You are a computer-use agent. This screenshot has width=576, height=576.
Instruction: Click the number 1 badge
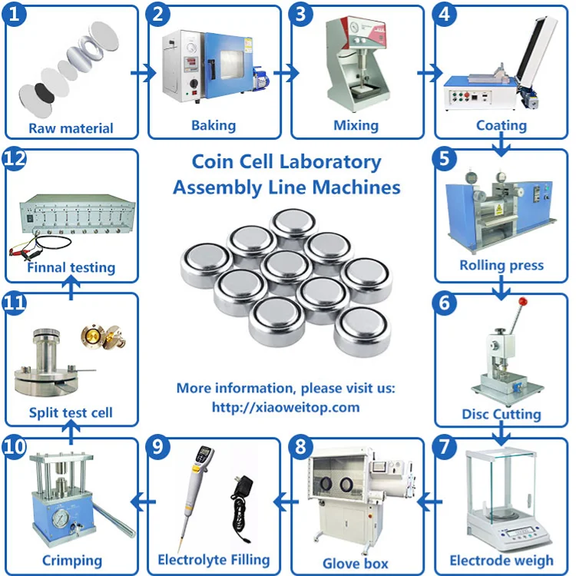pyautogui.click(x=14, y=15)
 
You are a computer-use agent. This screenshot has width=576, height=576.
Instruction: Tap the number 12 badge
pyautogui.click(x=15, y=159)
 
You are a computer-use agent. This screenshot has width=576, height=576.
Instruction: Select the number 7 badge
pyautogui.click(x=444, y=447)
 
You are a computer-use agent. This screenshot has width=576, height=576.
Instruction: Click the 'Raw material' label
pyautogui.click(x=71, y=128)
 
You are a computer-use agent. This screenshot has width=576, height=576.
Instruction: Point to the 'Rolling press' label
pyautogui.click(x=502, y=265)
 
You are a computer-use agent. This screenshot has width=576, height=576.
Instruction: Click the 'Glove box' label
pyautogui.click(x=356, y=564)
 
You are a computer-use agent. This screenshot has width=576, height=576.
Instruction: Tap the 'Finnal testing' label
pyautogui.click(x=71, y=267)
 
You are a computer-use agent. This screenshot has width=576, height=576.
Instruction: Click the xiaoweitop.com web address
pyautogui.click(x=286, y=407)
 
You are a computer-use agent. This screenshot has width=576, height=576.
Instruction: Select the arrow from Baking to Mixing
pyautogui.click(x=286, y=73)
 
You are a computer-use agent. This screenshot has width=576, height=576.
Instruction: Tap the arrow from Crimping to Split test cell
pyautogui.click(x=71, y=432)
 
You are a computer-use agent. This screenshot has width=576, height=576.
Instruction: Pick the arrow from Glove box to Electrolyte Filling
pyautogui.click(x=286, y=502)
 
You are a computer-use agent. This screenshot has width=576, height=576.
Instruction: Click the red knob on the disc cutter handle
pyautogui.click(x=523, y=302)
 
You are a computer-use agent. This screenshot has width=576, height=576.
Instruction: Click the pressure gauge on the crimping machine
pyautogui.click(x=61, y=518)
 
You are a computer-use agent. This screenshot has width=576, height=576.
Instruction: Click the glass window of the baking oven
pyautogui.click(x=231, y=65)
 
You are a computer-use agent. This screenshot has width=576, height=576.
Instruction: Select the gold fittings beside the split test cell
pyautogui.click(x=104, y=336)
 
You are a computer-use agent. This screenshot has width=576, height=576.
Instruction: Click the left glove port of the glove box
pyautogui.click(x=326, y=483)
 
